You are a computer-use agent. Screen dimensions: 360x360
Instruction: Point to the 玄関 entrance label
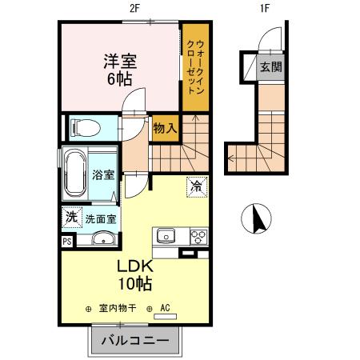pyautogui.click(x=270, y=66)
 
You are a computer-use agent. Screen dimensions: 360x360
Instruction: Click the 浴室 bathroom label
pyautogui.click(x=102, y=174)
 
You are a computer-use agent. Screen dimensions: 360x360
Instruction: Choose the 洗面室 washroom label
pyautogui.click(x=101, y=218)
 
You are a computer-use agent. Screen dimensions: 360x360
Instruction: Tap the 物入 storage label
pyautogui.click(x=165, y=127)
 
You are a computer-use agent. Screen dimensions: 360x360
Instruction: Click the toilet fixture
pyautogui.click(x=85, y=126)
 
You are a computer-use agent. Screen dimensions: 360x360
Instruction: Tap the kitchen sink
pyautogui.click(x=166, y=236)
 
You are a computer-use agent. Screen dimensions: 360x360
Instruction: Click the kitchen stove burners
pyautogui.click(x=197, y=236)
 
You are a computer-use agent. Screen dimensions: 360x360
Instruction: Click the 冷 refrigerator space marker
pyautogui.click(x=195, y=186)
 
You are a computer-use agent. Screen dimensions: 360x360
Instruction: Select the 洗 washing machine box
pyautogui.click(x=70, y=217)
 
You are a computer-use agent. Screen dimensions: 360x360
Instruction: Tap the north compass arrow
pyautogui.click(x=258, y=218)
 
